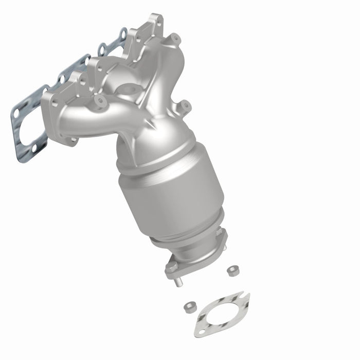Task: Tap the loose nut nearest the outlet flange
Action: (231, 268)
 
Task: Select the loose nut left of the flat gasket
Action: (189, 307)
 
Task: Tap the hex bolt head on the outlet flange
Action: (221, 233)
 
